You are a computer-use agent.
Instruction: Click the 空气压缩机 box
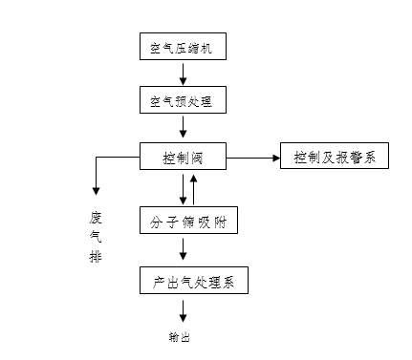[x=184, y=47]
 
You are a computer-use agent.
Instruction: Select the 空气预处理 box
[x=184, y=100]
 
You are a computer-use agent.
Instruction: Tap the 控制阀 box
[x=184, y=155]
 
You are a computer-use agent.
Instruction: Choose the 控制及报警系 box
[x=334, y=155]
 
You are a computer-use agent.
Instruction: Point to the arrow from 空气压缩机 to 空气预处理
[x=184, y=73]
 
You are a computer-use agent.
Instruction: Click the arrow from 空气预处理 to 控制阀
[x=184, y=127]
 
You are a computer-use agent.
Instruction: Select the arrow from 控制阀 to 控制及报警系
[x=252, y=155]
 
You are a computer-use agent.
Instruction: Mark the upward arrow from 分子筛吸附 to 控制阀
[x=194, y=189]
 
